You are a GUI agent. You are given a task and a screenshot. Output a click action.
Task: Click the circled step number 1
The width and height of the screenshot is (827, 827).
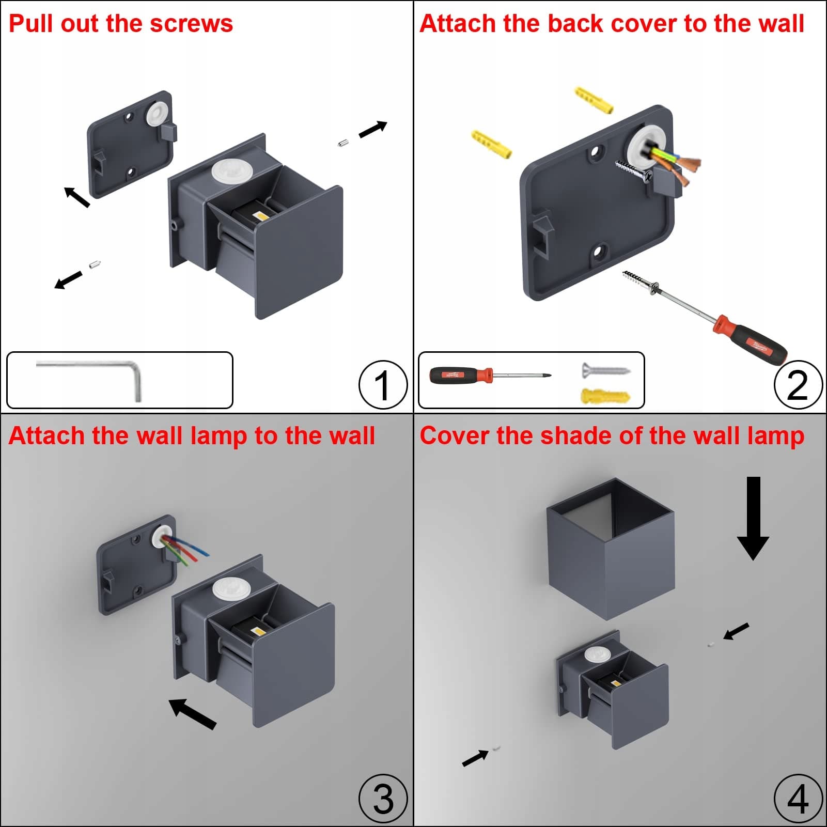point(383,385)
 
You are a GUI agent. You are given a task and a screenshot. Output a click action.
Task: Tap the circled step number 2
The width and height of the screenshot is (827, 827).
point(798,385)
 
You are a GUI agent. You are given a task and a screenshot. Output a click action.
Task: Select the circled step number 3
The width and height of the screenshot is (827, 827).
point(383,798)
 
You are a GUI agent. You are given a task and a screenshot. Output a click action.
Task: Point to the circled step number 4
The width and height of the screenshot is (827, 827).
point(798,798)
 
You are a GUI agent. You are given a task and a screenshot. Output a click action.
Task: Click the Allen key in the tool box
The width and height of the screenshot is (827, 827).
point(103,372)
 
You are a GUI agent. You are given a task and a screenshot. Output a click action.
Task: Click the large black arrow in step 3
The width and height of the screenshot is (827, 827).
point(192,713)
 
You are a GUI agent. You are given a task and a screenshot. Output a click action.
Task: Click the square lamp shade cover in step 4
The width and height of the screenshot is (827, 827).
point(611,550)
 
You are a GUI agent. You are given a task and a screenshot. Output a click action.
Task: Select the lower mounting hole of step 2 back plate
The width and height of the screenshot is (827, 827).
point(599,253)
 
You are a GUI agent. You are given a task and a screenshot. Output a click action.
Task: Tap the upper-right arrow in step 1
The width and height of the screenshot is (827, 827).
point(373,129)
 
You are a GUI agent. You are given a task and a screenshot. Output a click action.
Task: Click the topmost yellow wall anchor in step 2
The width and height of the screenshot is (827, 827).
point(594,100)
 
